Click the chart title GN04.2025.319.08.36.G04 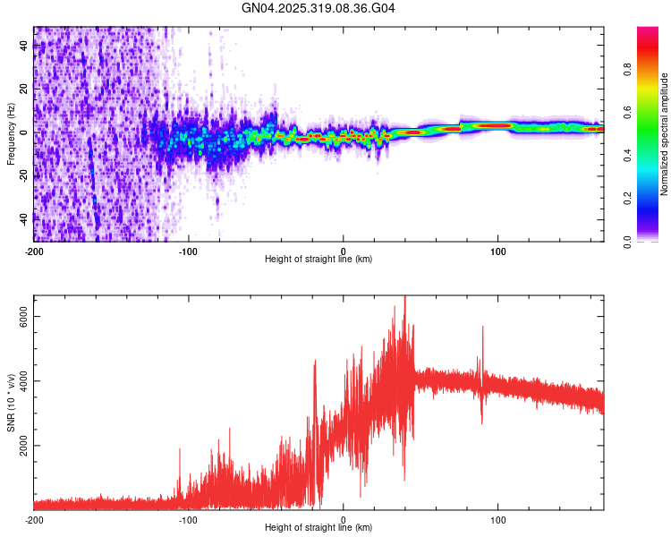click(319, 8)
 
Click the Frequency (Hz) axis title click(12, 133)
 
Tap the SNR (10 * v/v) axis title click(12, 402)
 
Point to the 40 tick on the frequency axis click(25, 47)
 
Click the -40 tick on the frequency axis click(25, 217)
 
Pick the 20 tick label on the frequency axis click(25, 89)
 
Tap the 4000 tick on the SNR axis click(25, 381)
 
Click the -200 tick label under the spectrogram click(34, 250)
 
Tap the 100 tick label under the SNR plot click(498, 518)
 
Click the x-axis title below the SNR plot click(319, 528)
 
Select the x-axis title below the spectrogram click(319, 260)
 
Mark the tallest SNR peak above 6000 click(405, 298)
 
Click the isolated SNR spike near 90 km click(482, 328)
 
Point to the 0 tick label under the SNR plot click(344, 518)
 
